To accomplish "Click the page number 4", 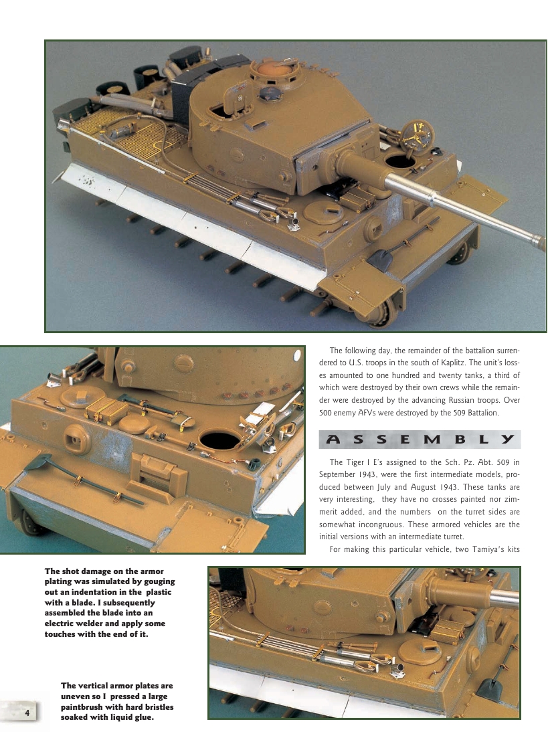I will point(27,713).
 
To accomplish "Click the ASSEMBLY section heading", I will point(420,439).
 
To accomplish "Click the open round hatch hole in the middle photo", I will point(219,440).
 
